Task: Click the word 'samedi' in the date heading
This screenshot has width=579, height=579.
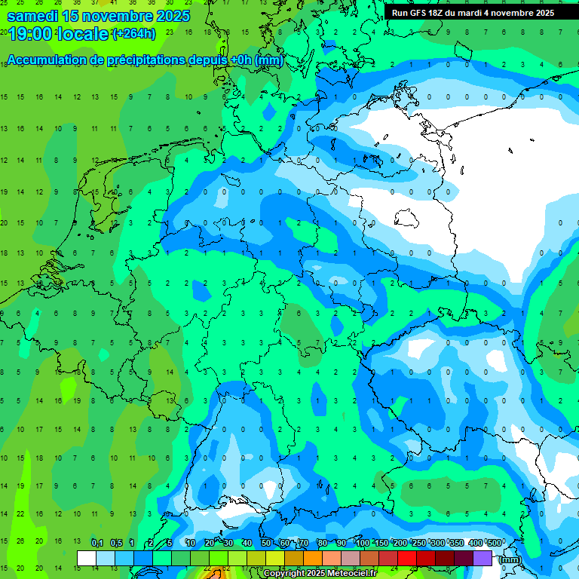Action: [32, 16]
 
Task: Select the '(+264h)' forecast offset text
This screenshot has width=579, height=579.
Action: [133, 33]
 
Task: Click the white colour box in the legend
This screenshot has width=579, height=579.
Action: [87, 558]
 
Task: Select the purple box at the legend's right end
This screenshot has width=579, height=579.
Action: [482, 558]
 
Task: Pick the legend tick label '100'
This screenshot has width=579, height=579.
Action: [363, 543]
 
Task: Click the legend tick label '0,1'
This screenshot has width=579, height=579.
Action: [97, 543]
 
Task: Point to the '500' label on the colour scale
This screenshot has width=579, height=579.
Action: [494, 543]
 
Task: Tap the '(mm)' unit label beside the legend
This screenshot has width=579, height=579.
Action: [510, 559]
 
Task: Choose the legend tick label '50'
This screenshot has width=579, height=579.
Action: [266, 543]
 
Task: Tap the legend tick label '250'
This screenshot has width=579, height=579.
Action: [418, 543]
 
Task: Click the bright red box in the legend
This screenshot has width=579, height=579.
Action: [407, 558]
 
